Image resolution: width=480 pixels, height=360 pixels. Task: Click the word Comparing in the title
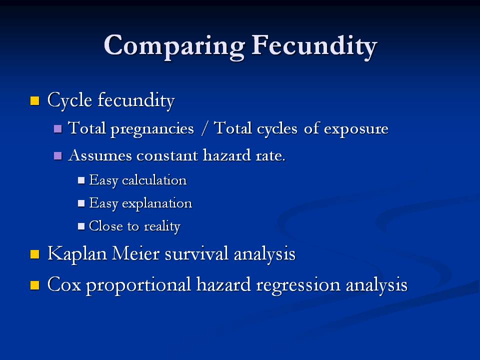174,46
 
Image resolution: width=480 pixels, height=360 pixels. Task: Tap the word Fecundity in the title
314,46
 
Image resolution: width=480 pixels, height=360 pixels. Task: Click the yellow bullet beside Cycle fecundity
35,100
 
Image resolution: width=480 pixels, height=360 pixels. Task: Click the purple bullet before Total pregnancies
58,128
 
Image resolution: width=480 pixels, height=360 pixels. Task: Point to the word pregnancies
152,128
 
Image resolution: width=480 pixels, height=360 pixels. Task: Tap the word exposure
356,129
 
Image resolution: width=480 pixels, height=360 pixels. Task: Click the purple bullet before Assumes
58,156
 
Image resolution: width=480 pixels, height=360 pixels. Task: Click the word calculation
154,180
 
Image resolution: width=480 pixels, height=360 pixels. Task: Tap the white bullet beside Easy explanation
81,203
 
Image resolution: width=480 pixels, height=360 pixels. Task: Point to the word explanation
157,203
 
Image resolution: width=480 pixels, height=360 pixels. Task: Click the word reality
162,226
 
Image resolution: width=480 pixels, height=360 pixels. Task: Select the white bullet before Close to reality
81,226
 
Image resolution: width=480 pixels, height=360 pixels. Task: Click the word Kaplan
77,254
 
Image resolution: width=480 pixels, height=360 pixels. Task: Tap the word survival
197,254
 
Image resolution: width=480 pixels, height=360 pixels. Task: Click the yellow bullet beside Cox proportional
35,285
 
